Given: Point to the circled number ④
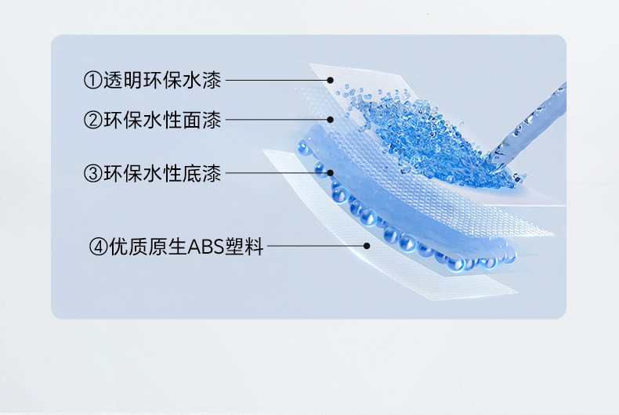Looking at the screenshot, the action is click(99, 247).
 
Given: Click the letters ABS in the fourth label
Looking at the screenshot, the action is click(203, 247).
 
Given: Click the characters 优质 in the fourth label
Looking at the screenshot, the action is click(126, 247).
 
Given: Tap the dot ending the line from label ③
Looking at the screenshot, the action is click(331, 172).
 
